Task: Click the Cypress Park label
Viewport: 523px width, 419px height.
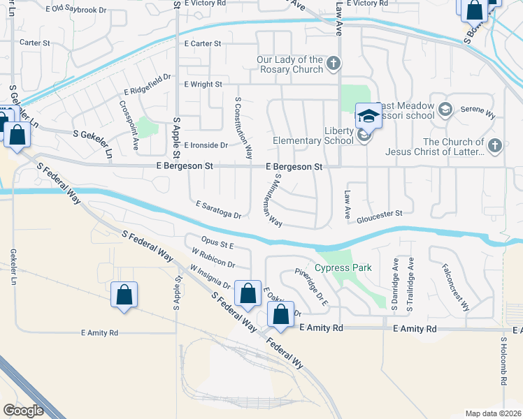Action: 343,268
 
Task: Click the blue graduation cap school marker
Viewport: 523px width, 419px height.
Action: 368,115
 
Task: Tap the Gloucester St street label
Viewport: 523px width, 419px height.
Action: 380,213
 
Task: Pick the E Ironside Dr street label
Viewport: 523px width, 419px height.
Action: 206,145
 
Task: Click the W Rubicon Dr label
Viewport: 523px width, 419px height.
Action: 213,258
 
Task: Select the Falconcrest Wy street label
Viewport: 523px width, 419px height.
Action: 455,287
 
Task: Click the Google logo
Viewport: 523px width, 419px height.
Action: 23,410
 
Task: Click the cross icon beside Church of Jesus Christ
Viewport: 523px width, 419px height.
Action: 495,146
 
